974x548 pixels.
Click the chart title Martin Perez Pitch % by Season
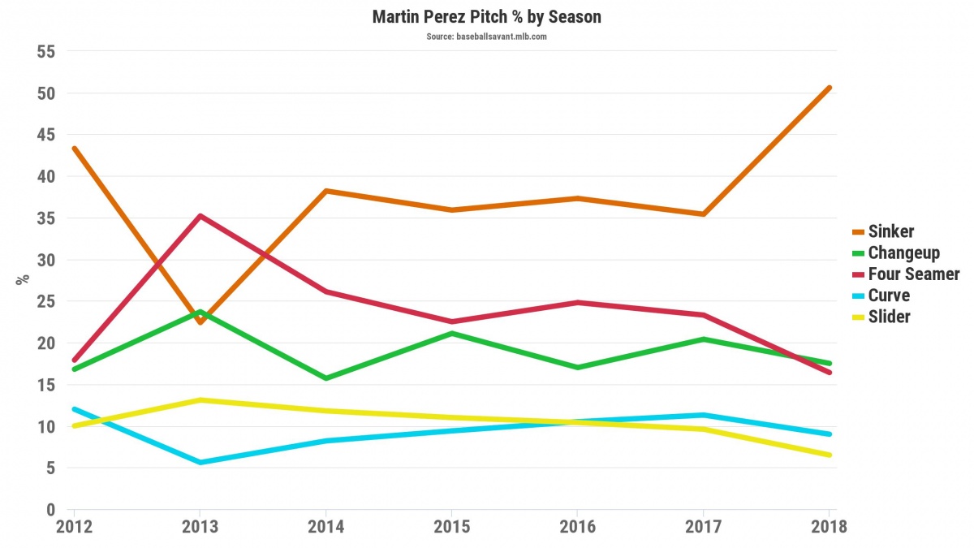pos(487,17)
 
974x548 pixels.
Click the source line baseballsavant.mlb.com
pos(487,37)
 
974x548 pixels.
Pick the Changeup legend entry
pos(903,252)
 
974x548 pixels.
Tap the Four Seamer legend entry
pos(914,274)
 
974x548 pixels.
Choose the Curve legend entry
pos(889,296)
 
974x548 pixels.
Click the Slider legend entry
pos(889,317)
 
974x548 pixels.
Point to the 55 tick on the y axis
pos(45,51)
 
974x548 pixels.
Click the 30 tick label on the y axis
pos(45,260)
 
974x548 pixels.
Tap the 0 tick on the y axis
pos(50,510)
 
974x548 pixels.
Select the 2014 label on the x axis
pos(325,527)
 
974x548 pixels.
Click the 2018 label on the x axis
pos(828,527)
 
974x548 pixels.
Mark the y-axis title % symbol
pos(23,280)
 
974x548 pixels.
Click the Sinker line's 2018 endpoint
pos(828,88)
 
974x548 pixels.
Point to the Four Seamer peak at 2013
pos(200,216)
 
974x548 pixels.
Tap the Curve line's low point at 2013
pos(200,462)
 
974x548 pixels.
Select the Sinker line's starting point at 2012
pos(75,149)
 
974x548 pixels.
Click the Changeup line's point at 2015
pos(451,333)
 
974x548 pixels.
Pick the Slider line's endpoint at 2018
pos(828,455)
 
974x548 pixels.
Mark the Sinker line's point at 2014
pos(325,191)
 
